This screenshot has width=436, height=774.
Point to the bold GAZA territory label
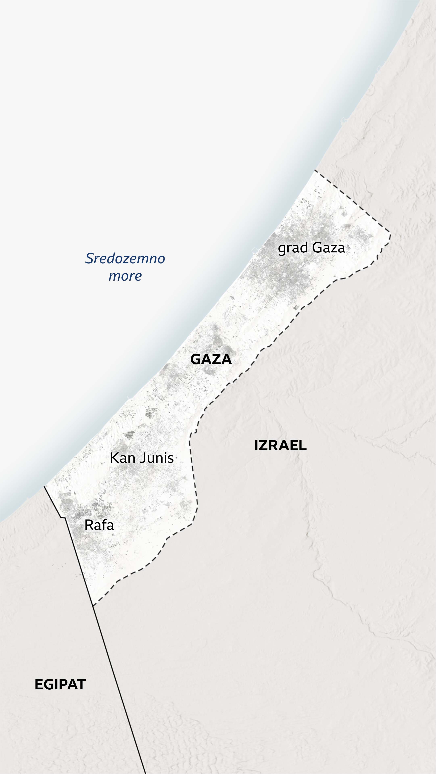tap(211, 360)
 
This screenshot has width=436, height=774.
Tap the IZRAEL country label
tap(280, 446)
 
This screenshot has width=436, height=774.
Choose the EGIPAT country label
tap(60, 685)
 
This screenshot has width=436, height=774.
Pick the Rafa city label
tap(99, 525)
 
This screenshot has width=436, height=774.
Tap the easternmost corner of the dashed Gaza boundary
tap(390, 234)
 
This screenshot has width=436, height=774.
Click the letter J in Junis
tap(143, 458)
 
